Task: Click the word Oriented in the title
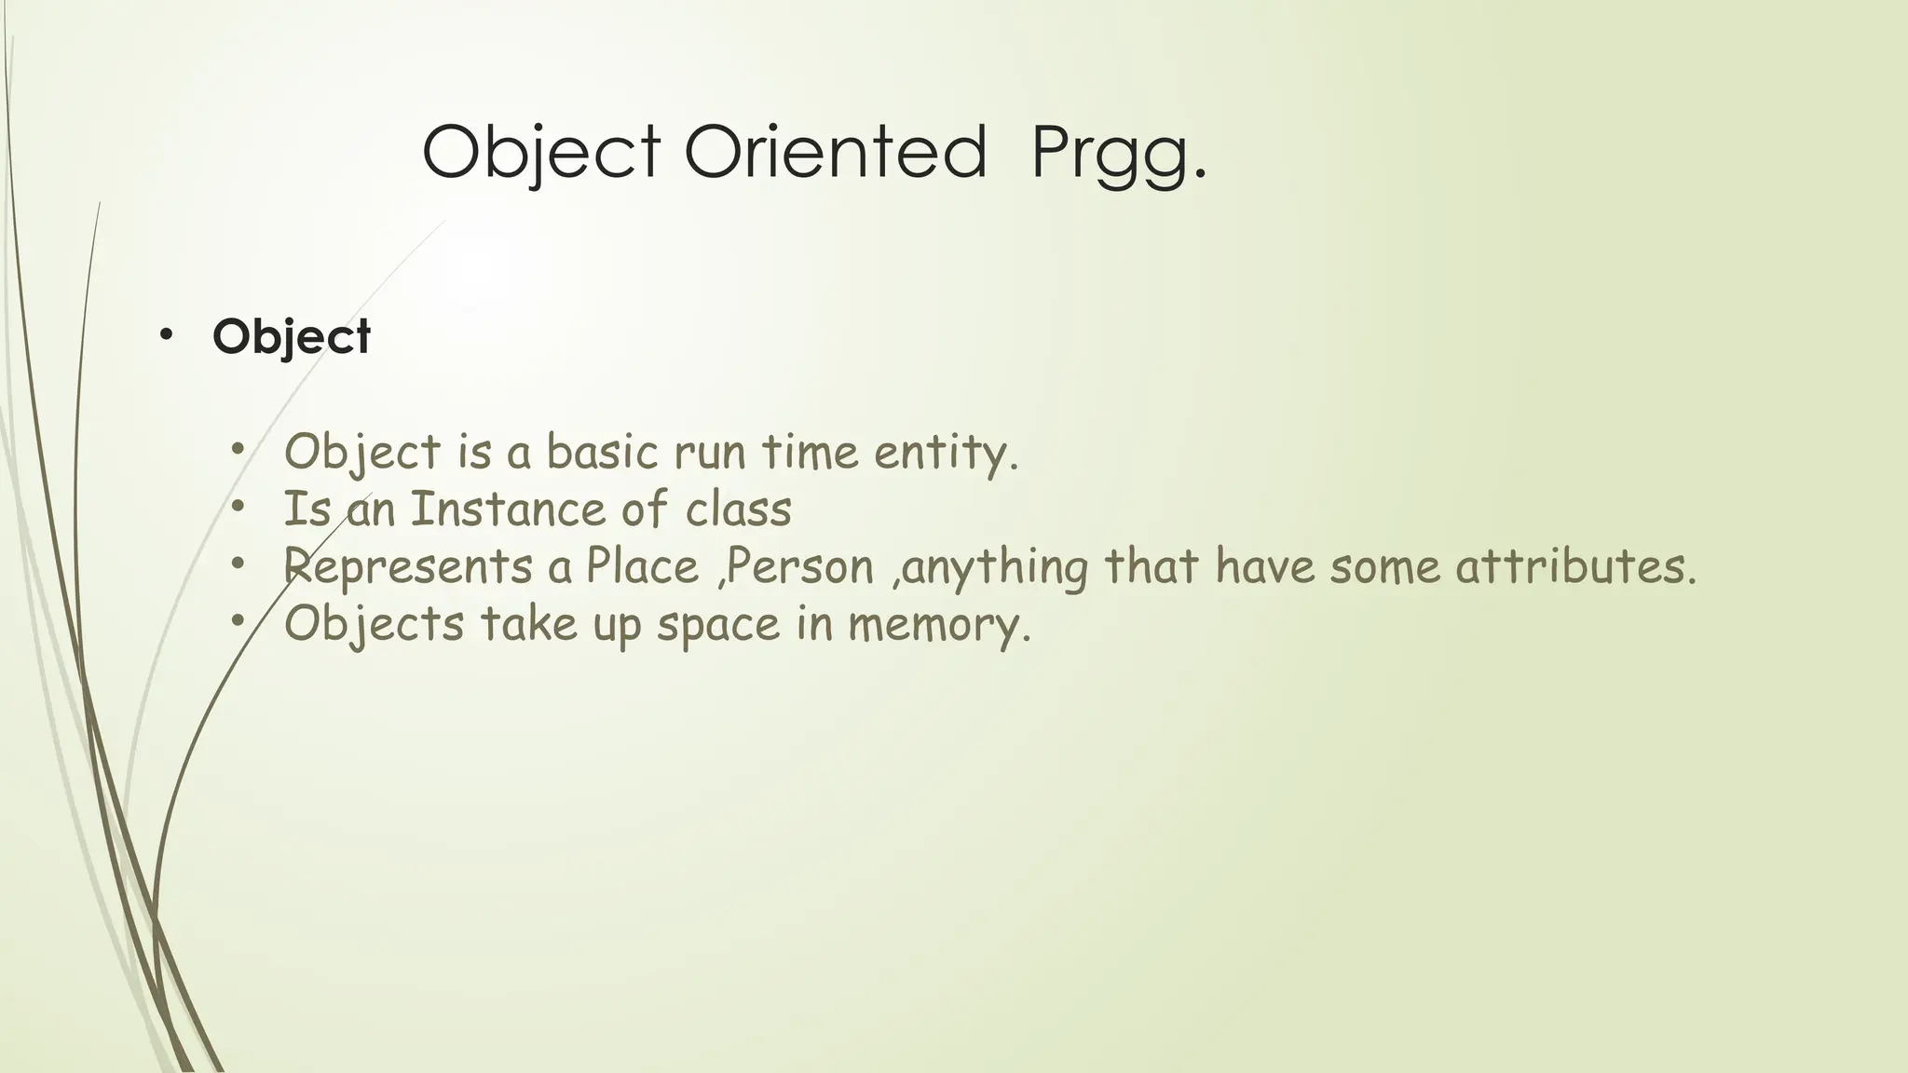coord(836,152)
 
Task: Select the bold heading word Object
coord(292,336)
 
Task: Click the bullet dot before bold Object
coord(166,334)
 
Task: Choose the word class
coord(739,509)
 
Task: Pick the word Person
coord(799,566)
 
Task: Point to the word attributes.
coord(1575,566)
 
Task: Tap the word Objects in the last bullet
coord(374,624)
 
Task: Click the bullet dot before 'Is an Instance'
coord(238,508)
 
